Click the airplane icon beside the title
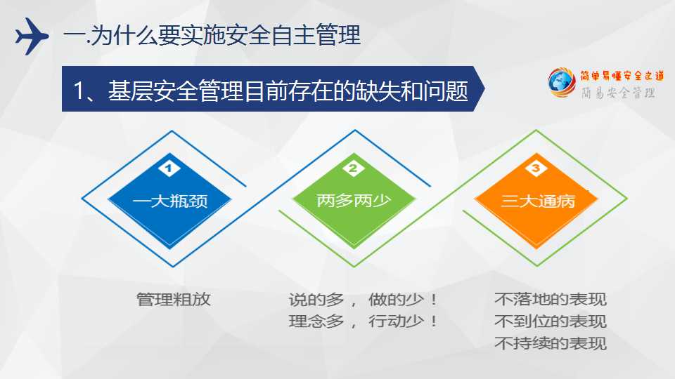pyautogui.click(x=32, y=36)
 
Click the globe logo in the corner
pyautogui.click(x=561, y=82)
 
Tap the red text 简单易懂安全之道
pyautogui.click(x=622, y=76)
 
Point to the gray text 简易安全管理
pyautogui.click(x=618, y=93)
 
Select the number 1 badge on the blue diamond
pyautogui.click(x=169, y=168)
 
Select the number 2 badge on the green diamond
pyautogui.click(x=354, y=168)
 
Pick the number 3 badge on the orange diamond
pyautogui.click(x=536, y=168)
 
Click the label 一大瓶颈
pyautogui.click(x=170, y=201)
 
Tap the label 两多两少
pyautogui.click(x=354, y=200)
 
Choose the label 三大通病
pyautogui.click(x=538, y=201)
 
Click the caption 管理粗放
pyautogui.click(x=174, y=300)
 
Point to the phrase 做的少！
pyautogui.click(x=403, y=300)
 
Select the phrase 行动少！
pyautogui.click(x=403, y=321)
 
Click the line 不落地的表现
pyautogui.click(x=550, y=300)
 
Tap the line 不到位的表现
pyautogui.click(x=550, y=321)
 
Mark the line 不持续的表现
pyautogui.click(x=550, y=343)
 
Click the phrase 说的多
pyautogui.click(x=316, y=300)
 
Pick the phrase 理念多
pyautogui.click(x=316, y=321)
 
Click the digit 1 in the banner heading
pyautogui.click(x=78, y=91)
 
